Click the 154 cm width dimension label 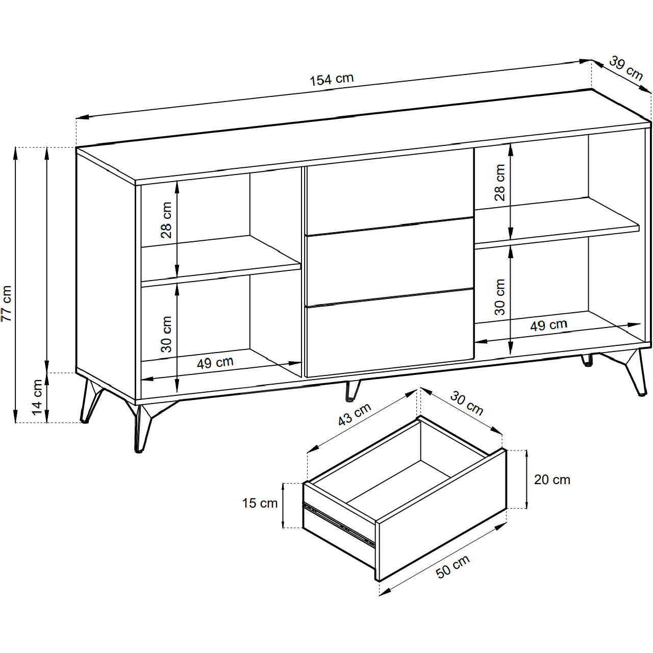click(332, 79)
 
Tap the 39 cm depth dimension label click(626, 68)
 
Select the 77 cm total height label click(7, 303)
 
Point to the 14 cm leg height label click(37, 397)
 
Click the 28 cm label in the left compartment click(166, 220)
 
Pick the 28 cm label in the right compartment click(499, 183)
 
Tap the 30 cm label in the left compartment click(166, 334)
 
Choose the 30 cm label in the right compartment click(499, 297)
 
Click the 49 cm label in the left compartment click(215, 363)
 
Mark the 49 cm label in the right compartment click(548, 325)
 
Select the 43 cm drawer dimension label click(355, 414)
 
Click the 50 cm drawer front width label click(453, 566)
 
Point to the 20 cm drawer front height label click(552, 480)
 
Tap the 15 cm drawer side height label click(260, 503)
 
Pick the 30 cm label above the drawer click(467, 403)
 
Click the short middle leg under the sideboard click(352, 391)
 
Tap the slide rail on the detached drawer click(339, 524)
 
